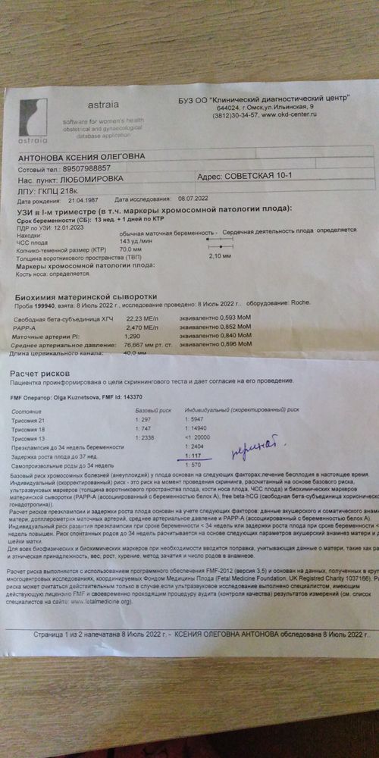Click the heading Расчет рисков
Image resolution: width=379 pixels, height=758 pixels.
point(39,375)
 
